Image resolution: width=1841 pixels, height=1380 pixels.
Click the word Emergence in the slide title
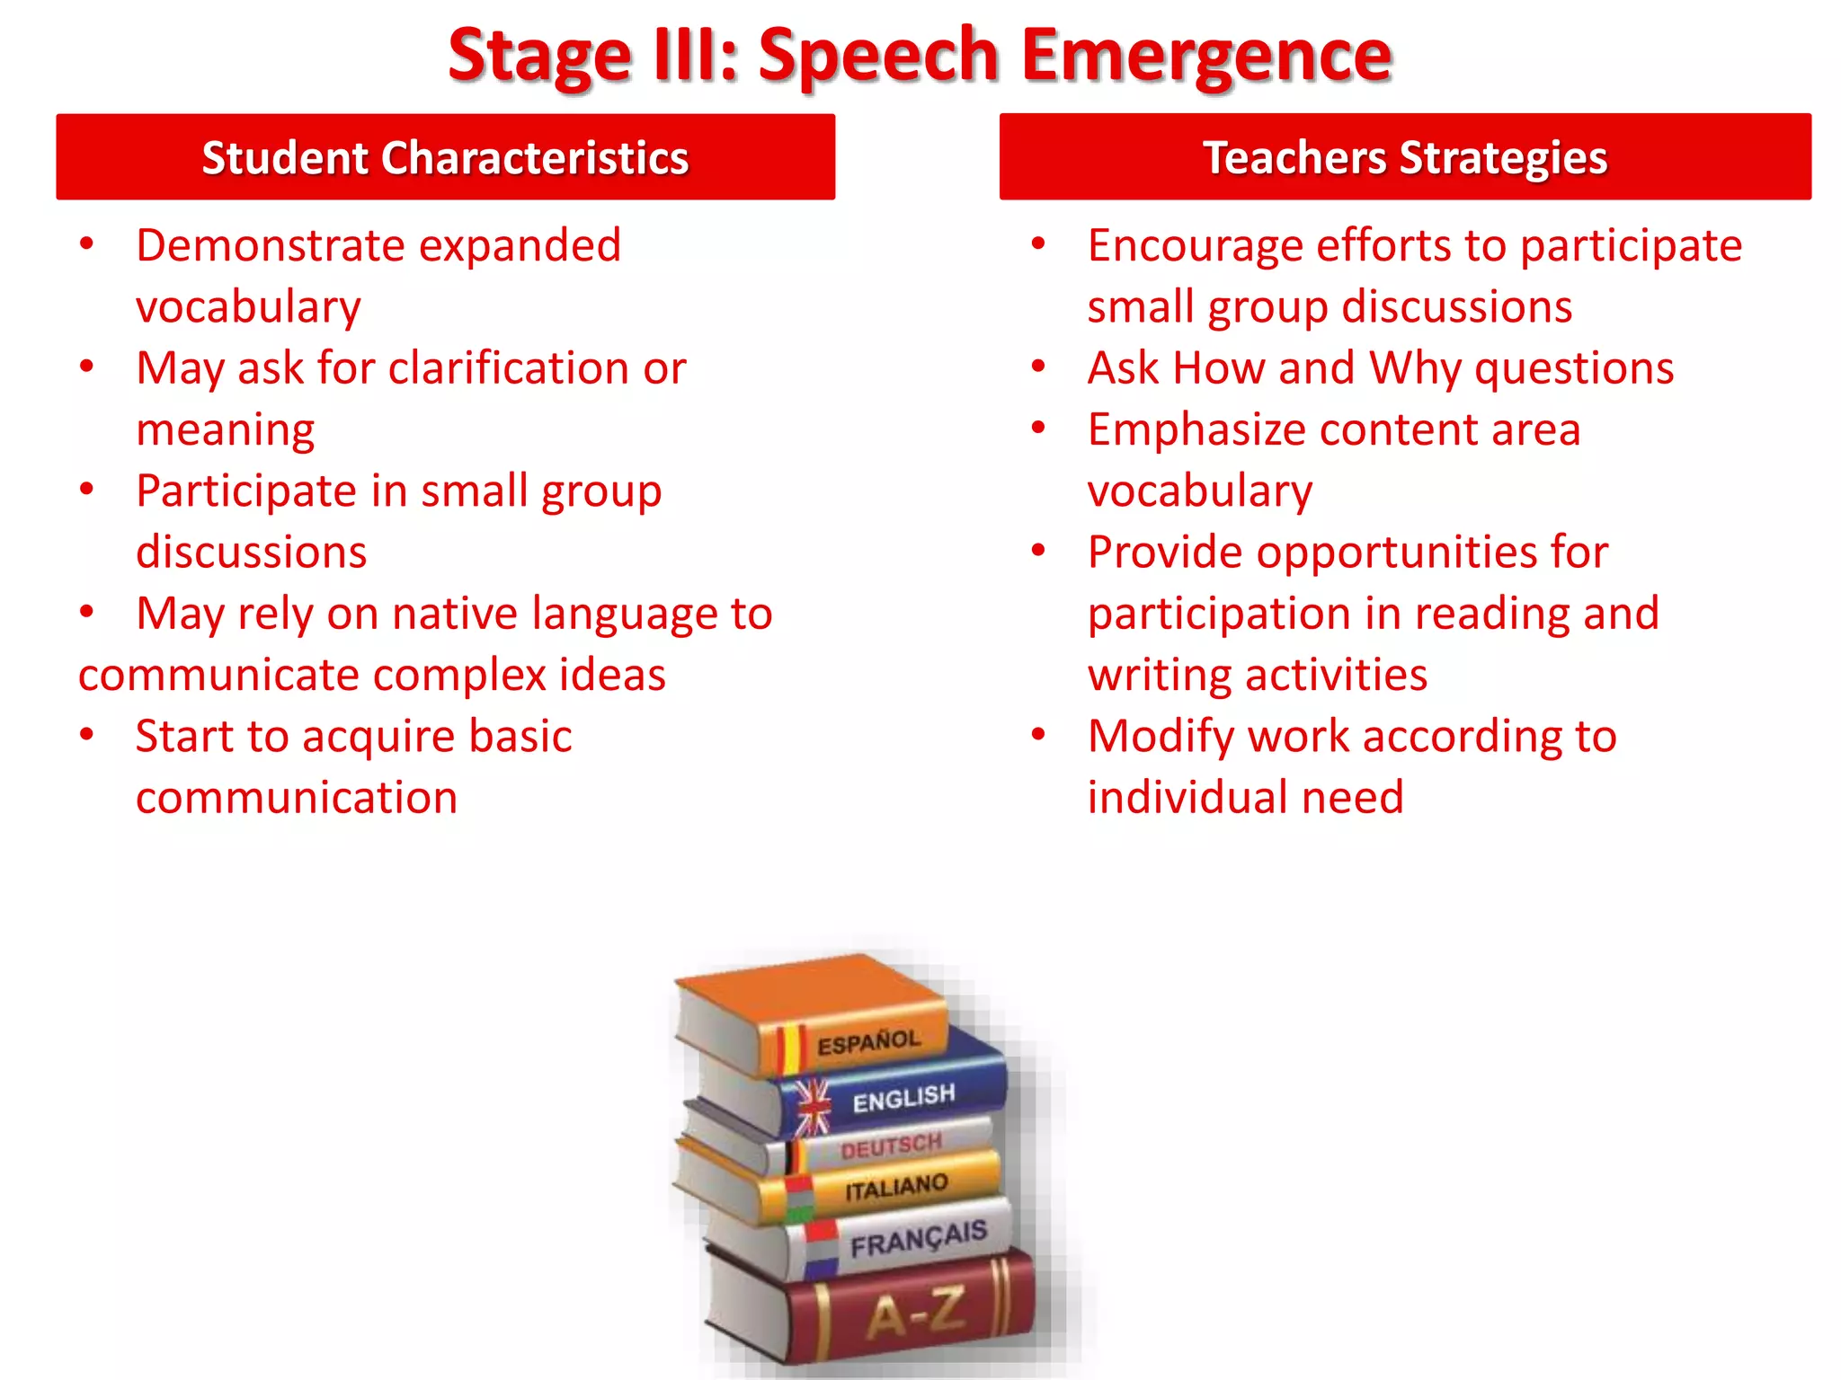point(1206,56)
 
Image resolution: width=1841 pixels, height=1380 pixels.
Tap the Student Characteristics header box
point(445,157)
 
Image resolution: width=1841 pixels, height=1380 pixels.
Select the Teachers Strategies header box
point(1404,157)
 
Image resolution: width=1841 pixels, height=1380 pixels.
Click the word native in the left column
point(455,615)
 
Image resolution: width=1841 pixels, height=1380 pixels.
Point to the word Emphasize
point(1196,430)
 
